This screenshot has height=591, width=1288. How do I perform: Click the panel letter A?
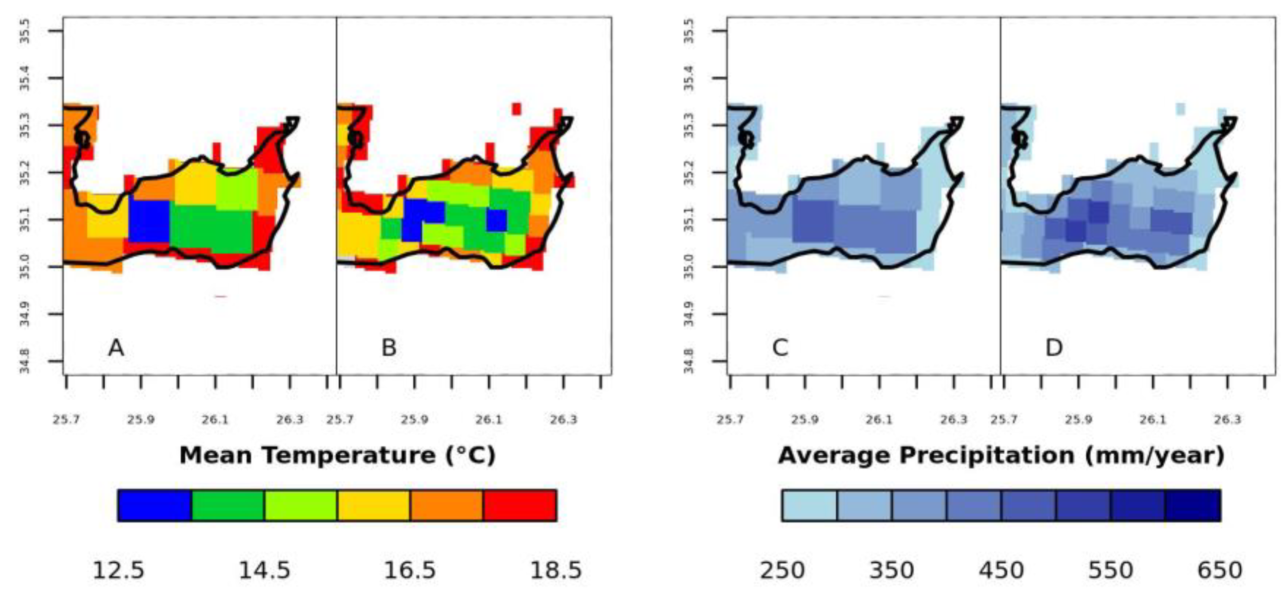[x=116, y=348]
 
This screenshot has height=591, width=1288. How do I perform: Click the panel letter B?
[x=389, y=348]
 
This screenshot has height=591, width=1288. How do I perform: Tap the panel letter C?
[x=780, y=348]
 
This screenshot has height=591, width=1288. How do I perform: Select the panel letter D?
[x=1054, y=348]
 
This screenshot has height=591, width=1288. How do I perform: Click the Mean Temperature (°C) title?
[x=338, y=455]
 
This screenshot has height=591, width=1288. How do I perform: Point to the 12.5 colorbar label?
[x=118, y=570]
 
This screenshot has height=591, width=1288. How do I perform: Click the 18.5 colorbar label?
[x=556, y=570]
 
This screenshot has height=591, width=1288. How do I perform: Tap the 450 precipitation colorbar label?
[x=1001, y=570]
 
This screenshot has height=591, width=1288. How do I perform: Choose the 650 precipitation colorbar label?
[x=1219, y=570]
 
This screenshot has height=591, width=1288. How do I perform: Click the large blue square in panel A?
[x=149, y=221]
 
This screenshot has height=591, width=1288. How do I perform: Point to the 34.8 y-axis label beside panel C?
[x=689, y=361]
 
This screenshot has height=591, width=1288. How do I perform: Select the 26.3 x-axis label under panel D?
[x=1227, y=420]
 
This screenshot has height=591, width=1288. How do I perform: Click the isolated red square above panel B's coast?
[x=517, y=109]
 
